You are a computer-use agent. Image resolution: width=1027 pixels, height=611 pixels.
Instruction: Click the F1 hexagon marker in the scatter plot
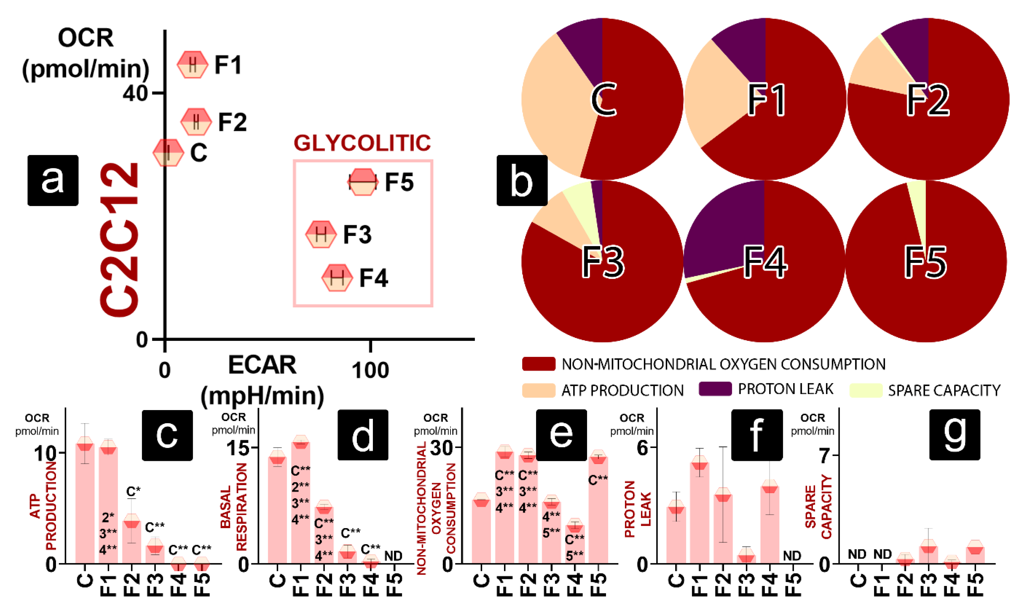(192, 65)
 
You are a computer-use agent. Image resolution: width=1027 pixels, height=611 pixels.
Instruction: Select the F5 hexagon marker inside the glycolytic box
(362, 182)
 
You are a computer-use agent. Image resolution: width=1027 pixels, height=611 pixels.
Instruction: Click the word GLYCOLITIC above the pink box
(362, 143)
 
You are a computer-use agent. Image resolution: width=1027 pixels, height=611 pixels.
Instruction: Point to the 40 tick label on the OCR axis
(135, 94)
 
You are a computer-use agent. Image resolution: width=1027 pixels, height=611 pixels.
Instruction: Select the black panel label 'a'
(53, 180)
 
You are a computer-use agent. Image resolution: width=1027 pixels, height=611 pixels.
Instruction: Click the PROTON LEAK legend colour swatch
(715, 389)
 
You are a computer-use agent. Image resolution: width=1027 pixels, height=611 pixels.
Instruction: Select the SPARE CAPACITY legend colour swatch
(866, 390)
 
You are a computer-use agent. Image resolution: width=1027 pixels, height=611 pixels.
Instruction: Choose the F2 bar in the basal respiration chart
(324, 535)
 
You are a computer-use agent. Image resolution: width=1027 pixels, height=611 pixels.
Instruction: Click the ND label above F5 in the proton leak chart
(792, 556)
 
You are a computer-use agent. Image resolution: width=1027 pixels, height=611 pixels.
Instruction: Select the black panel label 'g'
(955, 434)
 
